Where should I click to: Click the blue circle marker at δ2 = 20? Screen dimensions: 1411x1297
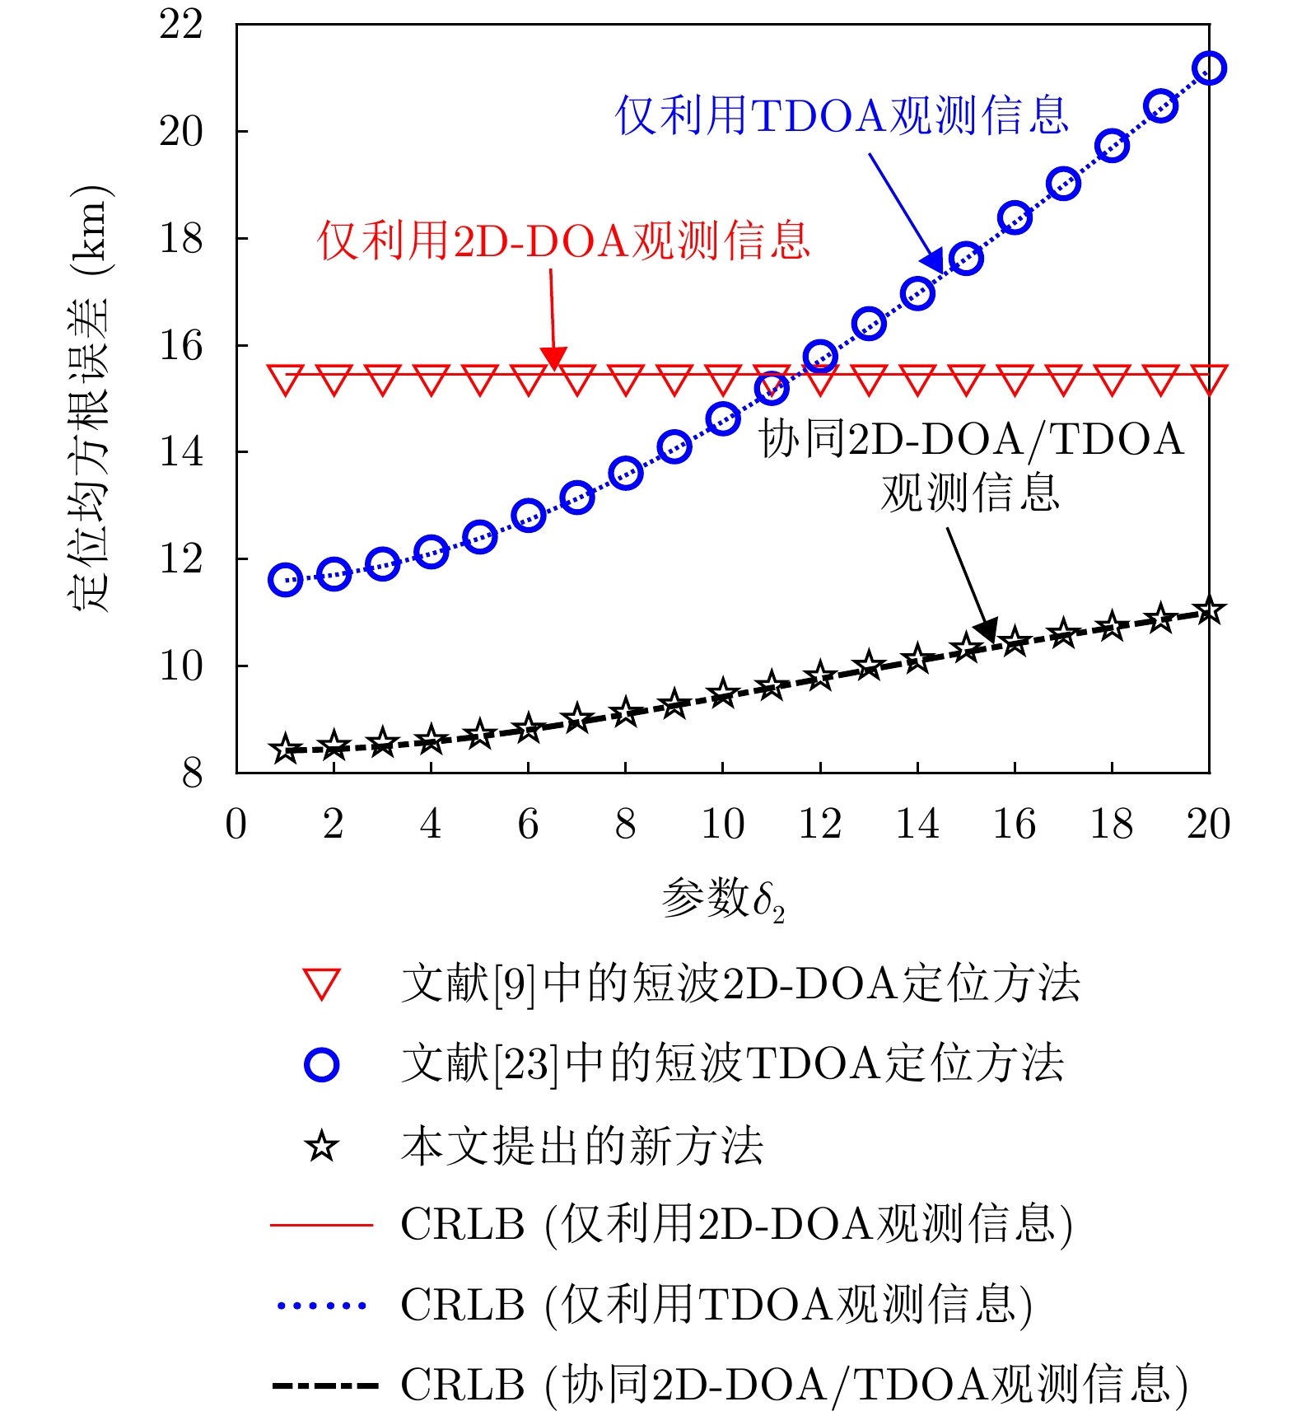tap(1209, 68)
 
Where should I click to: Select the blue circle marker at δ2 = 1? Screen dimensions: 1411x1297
tap(285, 580)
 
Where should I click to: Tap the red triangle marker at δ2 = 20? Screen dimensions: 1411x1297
tap(1209, 380)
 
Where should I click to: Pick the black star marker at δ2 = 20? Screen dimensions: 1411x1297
tap(1209, 611)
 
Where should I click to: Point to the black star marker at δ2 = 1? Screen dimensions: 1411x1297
tap(285, 750)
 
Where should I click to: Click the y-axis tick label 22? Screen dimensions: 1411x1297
tap(181, 25)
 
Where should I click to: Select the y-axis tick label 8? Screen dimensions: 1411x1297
tap(192, 773)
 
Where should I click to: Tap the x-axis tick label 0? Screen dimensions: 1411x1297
tap(236, 824)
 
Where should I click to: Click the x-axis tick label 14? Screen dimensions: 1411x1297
tap(917, 824)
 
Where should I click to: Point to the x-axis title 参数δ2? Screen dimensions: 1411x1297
tap(722, 899)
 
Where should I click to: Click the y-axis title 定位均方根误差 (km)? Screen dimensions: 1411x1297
tap(89, 398)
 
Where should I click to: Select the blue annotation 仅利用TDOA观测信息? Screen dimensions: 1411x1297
tap(842, 115)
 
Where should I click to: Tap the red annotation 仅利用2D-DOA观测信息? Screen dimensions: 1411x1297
tap(564, 241)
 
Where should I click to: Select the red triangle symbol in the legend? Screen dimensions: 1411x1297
tap(321, 985)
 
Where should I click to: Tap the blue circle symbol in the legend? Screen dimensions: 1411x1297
tap(321, 1065)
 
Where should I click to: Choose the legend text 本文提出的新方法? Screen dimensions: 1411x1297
tap(582, 1146)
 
